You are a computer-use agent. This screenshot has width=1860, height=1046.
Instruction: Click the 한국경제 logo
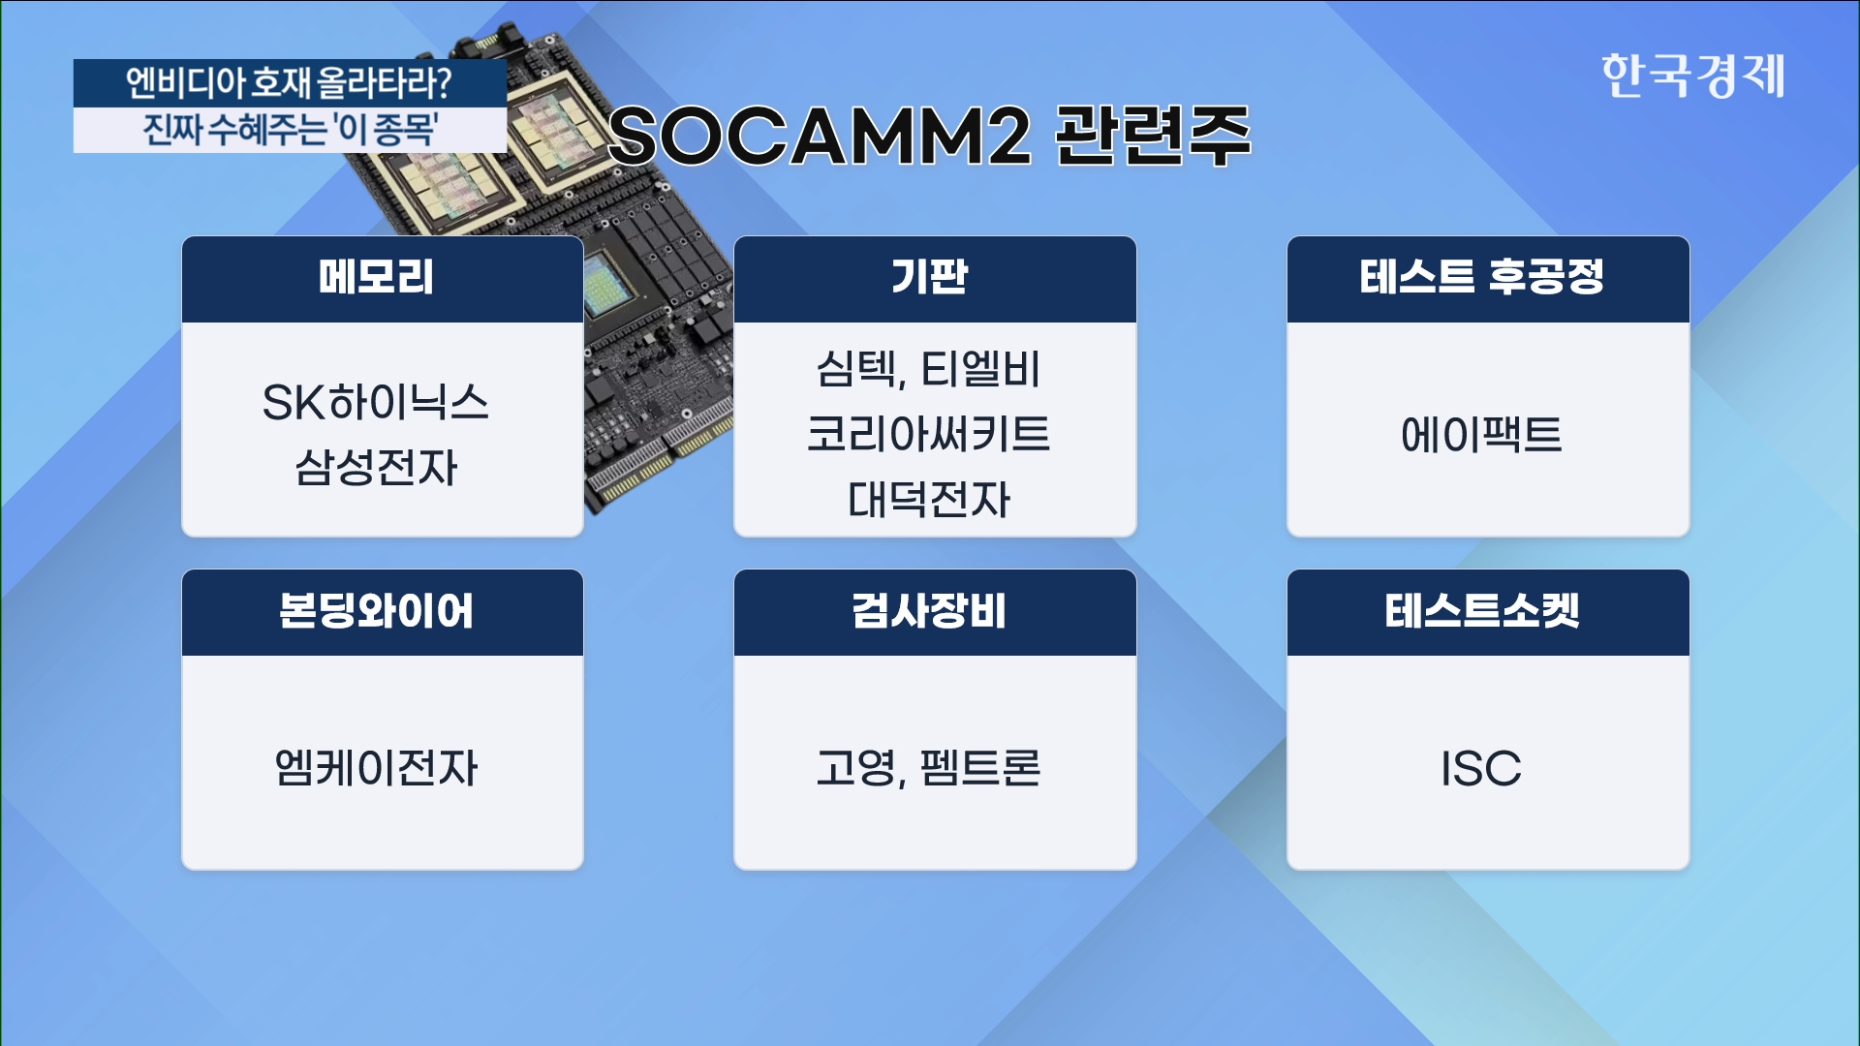pos(1692,76)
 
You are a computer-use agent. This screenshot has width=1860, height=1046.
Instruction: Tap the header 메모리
pos(377,277)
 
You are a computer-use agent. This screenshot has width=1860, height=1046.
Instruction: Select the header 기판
pos(930,277)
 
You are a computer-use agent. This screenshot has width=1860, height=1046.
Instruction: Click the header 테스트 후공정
pos(1482,277)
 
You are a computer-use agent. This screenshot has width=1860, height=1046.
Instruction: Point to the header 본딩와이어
pos(377,611)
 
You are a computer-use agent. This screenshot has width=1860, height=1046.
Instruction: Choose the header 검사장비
pos(930,611)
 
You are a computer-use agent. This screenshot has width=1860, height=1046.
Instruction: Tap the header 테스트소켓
pos(1482,611)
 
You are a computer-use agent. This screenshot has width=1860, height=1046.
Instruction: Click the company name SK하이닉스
pos(376,402)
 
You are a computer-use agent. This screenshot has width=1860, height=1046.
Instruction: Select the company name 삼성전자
pos(376,467)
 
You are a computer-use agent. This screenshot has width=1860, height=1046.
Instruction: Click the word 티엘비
pos(980,369)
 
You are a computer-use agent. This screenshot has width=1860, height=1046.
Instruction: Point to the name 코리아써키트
pos(929,434)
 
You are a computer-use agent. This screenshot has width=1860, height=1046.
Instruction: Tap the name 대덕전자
pos(929,499)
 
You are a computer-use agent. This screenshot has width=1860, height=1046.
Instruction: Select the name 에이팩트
pos(1482,434)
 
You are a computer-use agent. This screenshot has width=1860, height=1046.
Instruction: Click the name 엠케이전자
pos(377,768)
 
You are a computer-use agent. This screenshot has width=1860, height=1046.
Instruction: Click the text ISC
pos(1481,769)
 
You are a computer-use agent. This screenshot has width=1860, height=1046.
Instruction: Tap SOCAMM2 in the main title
pos(821,137)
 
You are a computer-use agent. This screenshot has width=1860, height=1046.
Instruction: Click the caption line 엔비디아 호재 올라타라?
pos(289,83)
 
